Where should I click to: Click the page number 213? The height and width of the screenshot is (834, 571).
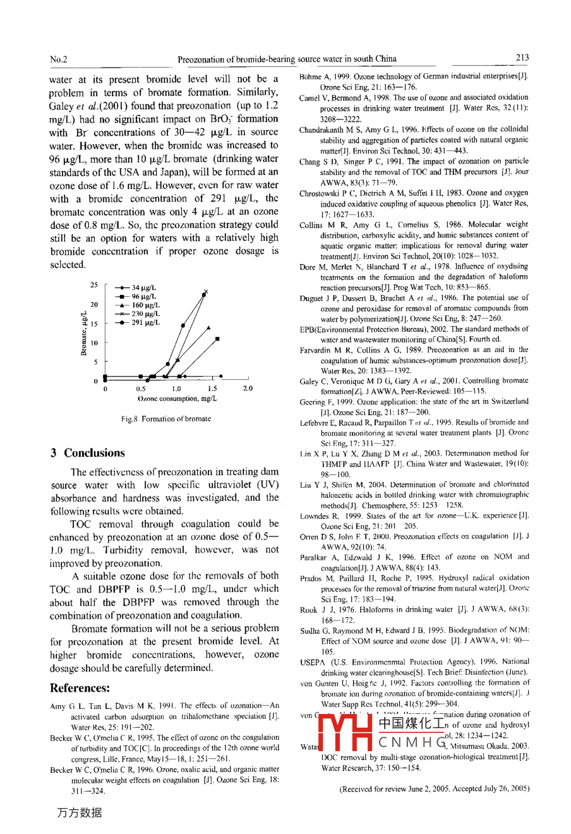pyautogui.click(x=522, y=57)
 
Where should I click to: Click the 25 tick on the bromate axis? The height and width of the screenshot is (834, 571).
pyautogui.click(x=94, y=285)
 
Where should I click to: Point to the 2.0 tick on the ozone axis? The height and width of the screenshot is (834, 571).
pyautogui.click(x=248, y=389)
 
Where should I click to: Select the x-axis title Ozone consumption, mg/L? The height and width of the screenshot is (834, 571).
pyautogui.click(x=177, y=399)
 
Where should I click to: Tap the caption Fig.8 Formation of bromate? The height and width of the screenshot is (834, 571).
pyautogui.click(x=166, y=419)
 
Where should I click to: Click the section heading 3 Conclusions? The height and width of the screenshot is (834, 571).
pyautogui.click(x=88, y=452)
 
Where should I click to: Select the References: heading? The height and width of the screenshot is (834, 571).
pyautogui.click(x=80, y=688)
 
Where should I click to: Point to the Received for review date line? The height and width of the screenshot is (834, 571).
pyautogui.click(x=434, y=789)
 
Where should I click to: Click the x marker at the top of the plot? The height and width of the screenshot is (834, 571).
pyautogui.click(x=205, y=292)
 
